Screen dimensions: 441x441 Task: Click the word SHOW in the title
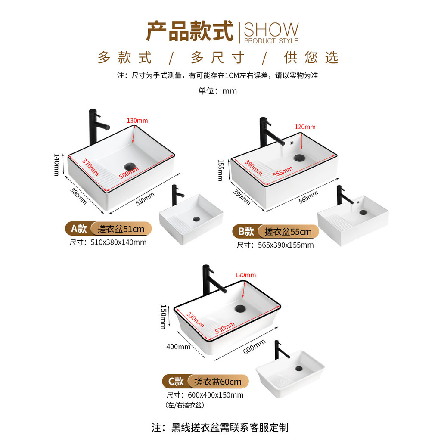271,29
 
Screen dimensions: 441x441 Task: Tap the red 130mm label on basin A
137,121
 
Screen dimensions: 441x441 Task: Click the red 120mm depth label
305,127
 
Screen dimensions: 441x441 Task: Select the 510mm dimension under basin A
145,199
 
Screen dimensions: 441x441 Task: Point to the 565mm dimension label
308,197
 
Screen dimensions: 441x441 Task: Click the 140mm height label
56,165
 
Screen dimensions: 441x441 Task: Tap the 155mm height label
221,171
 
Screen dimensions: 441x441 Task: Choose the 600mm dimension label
254,347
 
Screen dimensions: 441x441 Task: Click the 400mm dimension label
178,347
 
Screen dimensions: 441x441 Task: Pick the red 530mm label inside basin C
225,328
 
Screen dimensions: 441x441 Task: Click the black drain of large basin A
130,166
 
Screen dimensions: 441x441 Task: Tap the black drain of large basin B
299,158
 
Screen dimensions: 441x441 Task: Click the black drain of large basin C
240,308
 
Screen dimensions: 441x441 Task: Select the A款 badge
79,229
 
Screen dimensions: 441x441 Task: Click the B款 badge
246,231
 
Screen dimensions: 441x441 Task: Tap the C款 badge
176,382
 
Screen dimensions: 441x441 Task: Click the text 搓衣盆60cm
217,382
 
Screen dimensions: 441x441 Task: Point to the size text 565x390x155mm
286,245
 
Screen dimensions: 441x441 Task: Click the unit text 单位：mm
217,91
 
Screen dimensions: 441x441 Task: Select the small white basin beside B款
353,221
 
